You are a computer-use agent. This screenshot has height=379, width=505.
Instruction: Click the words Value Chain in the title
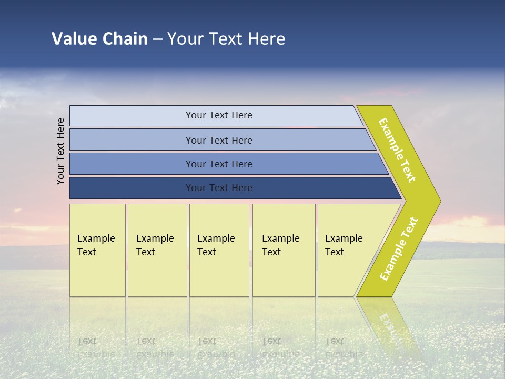click(x=99, y=39)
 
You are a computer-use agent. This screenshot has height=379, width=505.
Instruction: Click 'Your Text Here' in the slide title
click(x=226, y=39)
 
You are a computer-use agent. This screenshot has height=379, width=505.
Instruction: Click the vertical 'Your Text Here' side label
click(x=61, y=151)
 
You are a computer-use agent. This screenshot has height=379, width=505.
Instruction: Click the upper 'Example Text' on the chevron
click(x=397, y=150)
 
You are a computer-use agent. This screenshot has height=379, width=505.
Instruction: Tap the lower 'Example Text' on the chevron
click(x=399, y=249)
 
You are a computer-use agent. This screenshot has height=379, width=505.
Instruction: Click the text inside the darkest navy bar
click(x=219, y=188)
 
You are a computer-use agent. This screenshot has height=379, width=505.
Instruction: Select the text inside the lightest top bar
click(x=219, y=115)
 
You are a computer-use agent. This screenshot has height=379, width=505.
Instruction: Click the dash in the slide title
click(x=157, y=39)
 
